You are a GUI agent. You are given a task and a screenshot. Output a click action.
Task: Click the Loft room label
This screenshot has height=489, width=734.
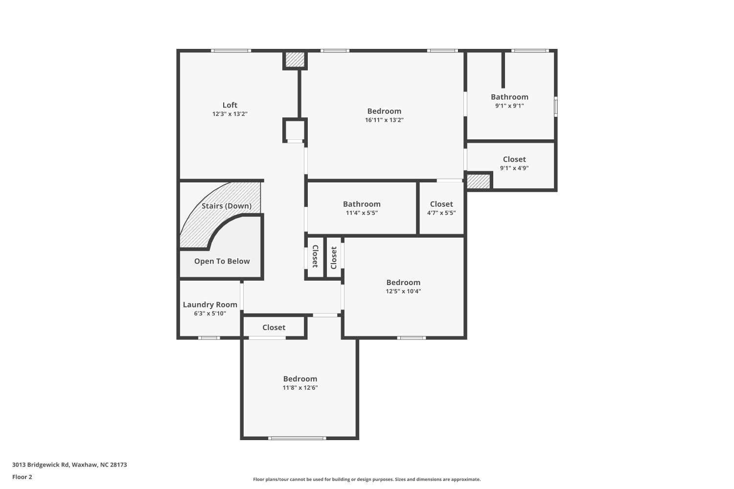(229, 105)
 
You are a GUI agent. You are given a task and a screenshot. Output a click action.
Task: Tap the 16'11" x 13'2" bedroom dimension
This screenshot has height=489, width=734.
(384, 120)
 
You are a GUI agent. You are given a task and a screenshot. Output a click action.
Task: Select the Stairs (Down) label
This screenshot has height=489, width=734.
(227, 206)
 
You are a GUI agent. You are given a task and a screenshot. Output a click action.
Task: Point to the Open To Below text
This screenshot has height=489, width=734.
(222, 261)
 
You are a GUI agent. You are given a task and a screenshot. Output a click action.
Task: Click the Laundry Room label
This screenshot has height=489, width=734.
(210, 305)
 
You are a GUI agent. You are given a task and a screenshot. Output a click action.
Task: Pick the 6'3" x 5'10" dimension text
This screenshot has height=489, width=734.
(210, 313)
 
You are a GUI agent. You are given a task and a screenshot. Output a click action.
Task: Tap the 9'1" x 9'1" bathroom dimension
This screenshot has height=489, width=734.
(509, 106)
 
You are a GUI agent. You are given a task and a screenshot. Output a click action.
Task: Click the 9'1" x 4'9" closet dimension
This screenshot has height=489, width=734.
(514, 168)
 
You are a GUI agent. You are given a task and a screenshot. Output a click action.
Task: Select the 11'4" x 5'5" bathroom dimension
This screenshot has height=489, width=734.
(362, 213)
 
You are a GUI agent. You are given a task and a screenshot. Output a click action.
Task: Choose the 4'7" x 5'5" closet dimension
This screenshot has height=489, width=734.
(441, 213)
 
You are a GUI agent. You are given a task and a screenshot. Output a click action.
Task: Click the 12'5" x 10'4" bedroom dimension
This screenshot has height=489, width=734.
(403, 291)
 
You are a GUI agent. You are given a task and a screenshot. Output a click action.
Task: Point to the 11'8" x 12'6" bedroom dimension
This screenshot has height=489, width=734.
(300, 388)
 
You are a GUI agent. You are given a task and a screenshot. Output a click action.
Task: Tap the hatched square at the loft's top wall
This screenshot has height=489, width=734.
(295, 60)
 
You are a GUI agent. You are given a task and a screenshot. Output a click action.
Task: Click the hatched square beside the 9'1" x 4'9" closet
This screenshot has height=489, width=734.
(478, 181)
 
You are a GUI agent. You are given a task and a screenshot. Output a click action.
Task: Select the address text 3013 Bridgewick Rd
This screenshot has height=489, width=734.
(41, 465)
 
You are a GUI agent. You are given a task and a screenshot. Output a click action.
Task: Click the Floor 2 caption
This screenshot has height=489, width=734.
(23, 477)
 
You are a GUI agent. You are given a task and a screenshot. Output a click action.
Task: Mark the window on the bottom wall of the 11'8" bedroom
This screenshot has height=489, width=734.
(297, 438)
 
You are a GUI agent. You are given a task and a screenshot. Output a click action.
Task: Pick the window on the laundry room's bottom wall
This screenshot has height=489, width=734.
(209, 338)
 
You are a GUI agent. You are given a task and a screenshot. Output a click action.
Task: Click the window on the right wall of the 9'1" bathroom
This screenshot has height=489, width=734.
(556, 107)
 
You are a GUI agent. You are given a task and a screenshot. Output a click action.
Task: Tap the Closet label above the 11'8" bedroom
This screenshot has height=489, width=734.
(274, 328)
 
